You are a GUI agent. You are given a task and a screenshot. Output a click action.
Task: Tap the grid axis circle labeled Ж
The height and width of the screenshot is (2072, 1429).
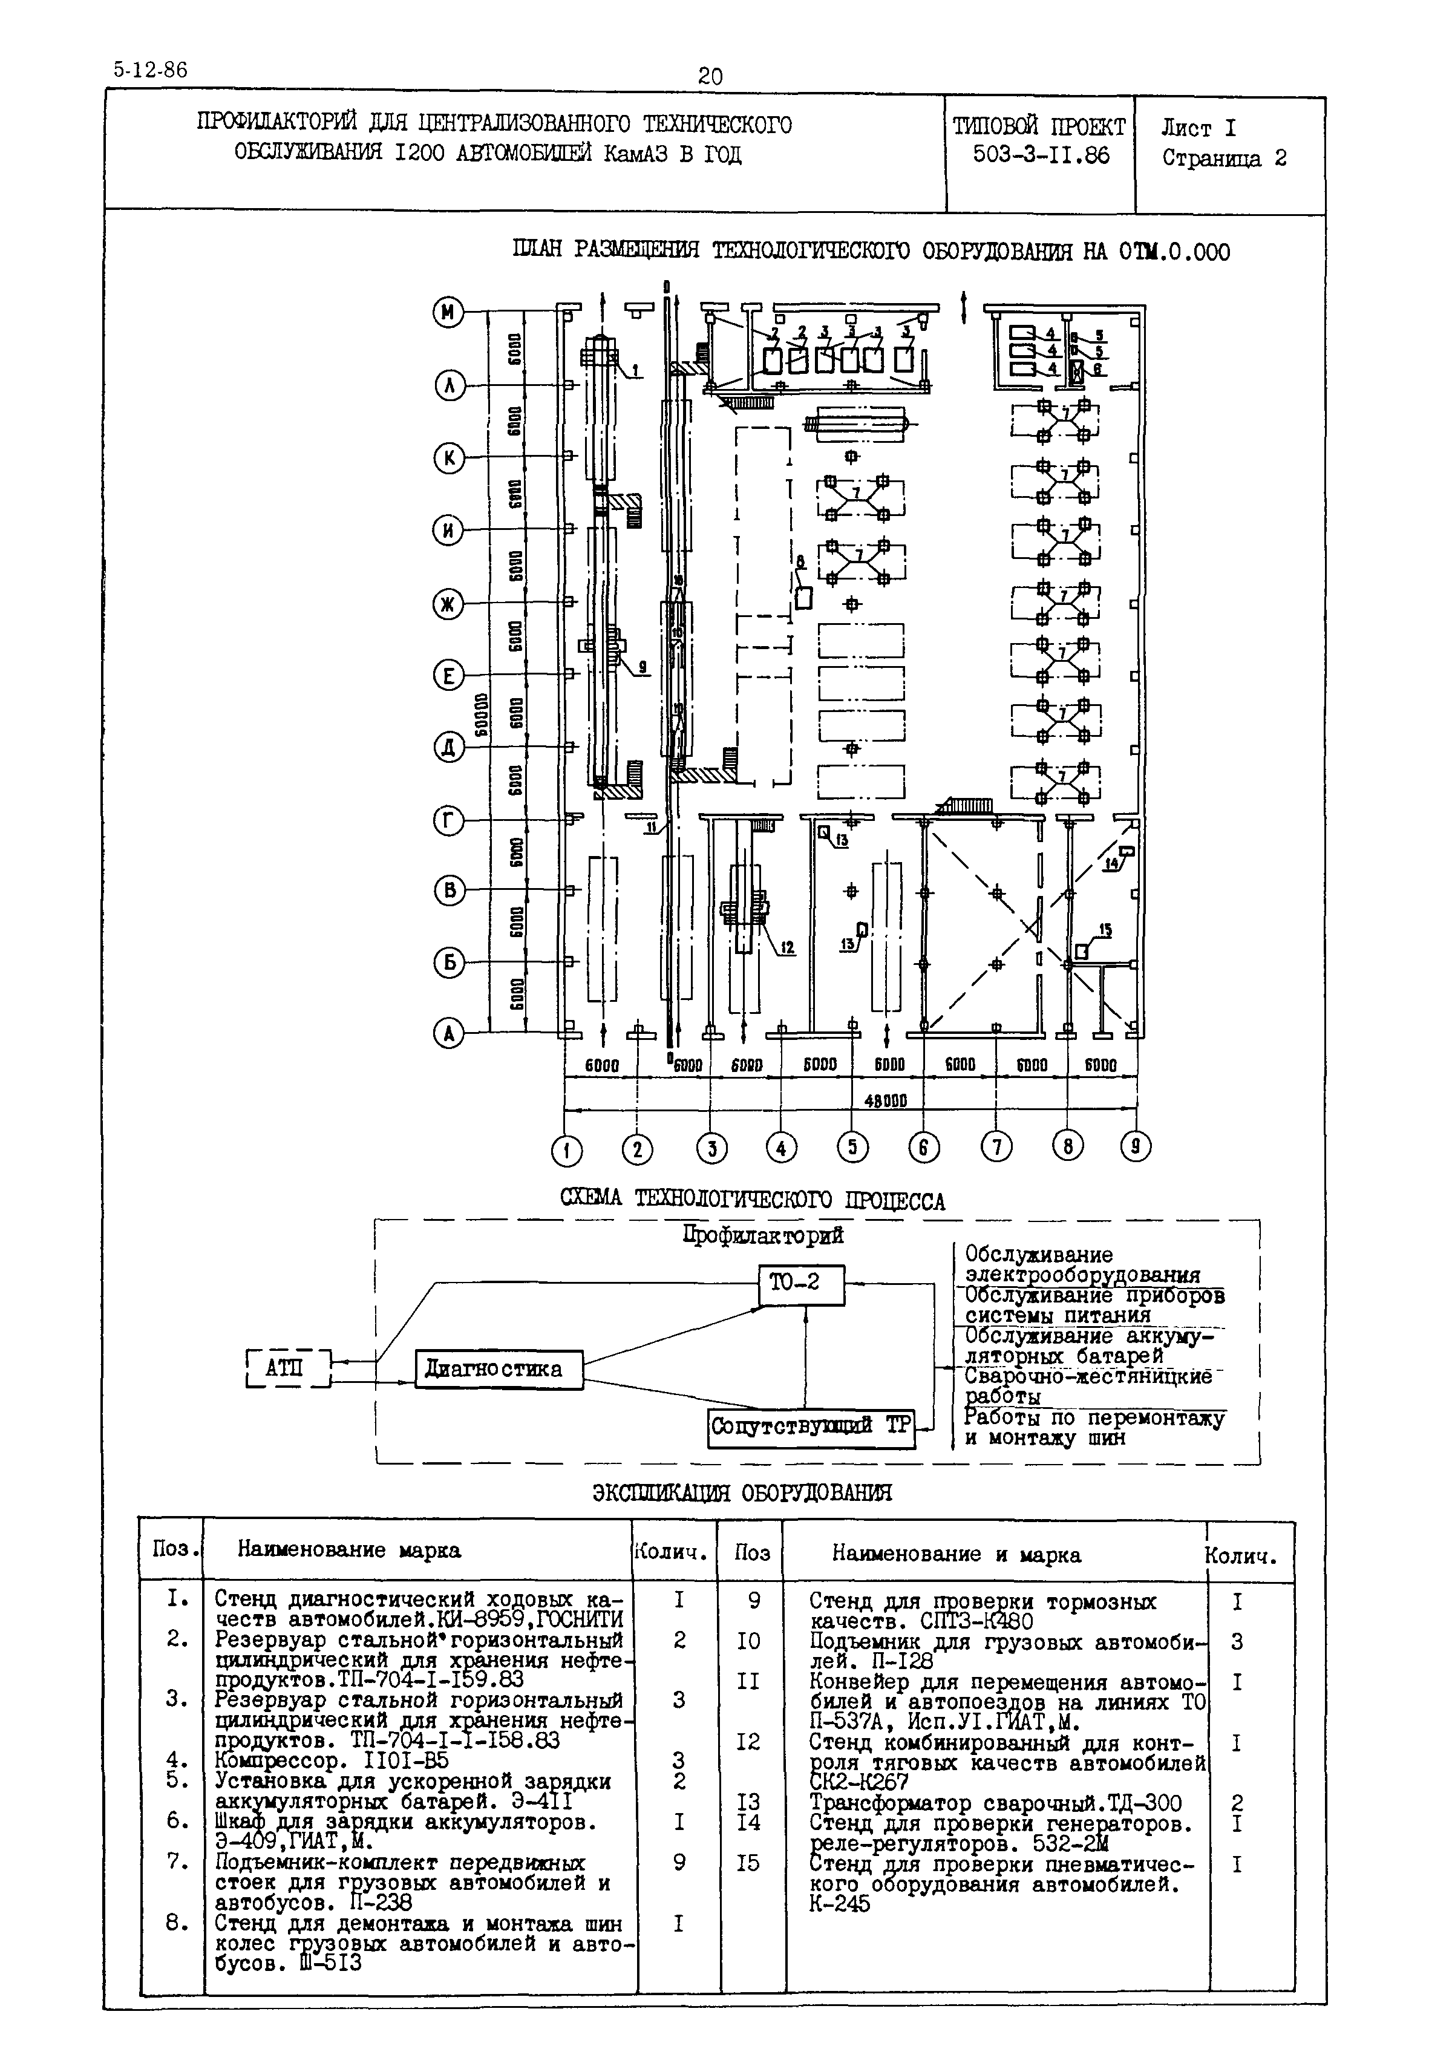448,604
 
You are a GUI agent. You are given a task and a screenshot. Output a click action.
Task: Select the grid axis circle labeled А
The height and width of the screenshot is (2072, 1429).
448,1034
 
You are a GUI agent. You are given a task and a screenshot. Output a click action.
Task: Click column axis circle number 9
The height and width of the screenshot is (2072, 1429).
1136,1147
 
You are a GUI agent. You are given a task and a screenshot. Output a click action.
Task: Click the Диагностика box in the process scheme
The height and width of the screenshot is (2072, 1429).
499,1369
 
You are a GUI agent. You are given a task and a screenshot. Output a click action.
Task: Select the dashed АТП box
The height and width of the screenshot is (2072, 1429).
286,1368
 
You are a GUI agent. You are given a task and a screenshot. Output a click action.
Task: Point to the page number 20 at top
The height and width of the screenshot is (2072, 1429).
710,77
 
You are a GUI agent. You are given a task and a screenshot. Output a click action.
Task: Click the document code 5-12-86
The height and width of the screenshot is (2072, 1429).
151,70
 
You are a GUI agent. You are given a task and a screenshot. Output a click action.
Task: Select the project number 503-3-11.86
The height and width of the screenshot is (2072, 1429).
1041,156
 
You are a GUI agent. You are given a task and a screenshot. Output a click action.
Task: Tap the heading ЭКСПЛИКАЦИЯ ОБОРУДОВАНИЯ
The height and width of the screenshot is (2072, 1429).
742,1492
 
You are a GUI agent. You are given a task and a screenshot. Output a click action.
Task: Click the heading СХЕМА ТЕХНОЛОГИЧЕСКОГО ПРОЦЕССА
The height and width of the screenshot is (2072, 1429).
752,1201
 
